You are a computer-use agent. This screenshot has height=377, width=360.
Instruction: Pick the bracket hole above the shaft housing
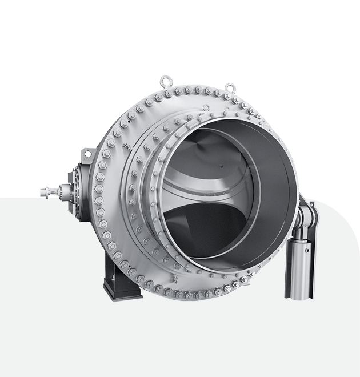pyautogui.click(x=86, y=153)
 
